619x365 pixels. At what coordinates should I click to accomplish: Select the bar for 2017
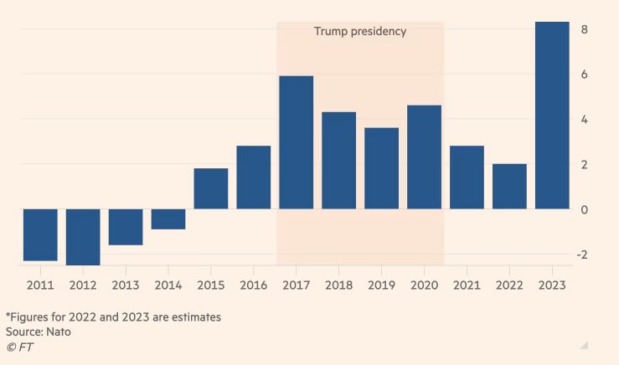click(x=297, y=142)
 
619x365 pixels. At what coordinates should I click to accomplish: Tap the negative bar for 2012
click(x=83, y=237)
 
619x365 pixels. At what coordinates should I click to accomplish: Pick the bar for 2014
click(x=168, y=219)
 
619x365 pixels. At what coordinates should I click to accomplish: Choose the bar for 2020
click(x=424, y=157)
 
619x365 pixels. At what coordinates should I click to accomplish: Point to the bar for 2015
click(x=211, y=188)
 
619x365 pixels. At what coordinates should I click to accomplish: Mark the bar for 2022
click(x=509, y=186)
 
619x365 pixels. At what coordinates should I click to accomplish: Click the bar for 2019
click(x=381, y=168)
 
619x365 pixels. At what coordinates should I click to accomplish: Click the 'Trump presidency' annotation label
click(x=360, y=31)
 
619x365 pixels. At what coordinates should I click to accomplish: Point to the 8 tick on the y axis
click(x=585, y=29)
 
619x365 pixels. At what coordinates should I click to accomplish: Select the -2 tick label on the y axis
click(x=583, y=254)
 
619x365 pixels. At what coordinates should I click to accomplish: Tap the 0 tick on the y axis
click(x=585, y=209)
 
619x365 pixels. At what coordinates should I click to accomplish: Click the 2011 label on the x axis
click(x=40, y=285)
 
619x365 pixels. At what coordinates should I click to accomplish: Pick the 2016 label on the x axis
click(x=254, y=285)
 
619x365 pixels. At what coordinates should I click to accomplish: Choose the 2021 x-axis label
click(x=467, y=285)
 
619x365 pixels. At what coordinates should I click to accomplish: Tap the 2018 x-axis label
click(x=338, y=285)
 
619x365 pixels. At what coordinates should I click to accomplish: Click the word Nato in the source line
click(x=59, y=332)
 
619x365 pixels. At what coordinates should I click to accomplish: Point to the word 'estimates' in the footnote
click(x=194, y=317)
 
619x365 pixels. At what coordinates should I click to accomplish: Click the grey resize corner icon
click(x=585, y=345)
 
